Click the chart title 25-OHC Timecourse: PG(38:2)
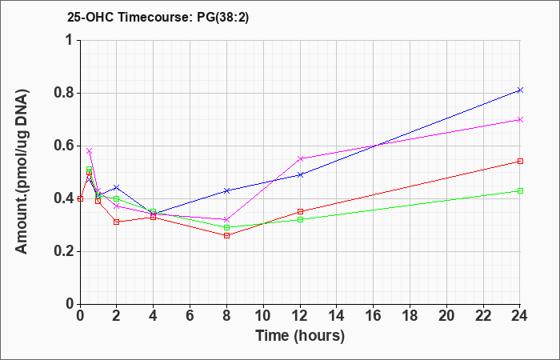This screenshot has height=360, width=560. point(158,17)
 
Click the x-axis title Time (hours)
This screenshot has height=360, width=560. point(300,336)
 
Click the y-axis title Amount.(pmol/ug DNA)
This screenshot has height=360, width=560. point(22,172)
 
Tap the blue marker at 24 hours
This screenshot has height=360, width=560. point(520,90)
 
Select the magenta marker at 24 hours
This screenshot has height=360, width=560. point(520,120)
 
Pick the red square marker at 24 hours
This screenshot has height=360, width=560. point(520,161)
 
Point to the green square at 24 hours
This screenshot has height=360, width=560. point(520,190)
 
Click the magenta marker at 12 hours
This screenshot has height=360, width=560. point(300,158)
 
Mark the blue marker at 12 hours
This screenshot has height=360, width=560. point(300,174)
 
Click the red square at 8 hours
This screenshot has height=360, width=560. point(226,235)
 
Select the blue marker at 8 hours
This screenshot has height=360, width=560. point(226,190)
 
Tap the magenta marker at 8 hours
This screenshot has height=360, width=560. point(226,220)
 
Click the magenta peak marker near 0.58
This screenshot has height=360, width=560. point(90,150)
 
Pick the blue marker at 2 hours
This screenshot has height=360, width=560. point(117,187)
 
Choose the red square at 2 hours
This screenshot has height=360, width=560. point(117,222)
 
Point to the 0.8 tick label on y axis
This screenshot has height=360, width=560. point(64,94)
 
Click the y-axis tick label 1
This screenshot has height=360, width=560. point(71,40)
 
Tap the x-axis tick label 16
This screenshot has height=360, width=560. point(374,316)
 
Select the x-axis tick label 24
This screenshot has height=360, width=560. point(520,316)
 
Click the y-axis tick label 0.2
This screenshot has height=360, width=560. point(64,252)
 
